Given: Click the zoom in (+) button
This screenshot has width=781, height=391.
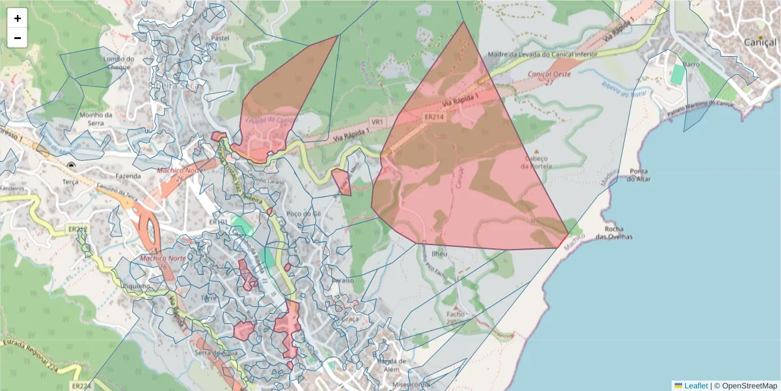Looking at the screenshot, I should click(18, 18).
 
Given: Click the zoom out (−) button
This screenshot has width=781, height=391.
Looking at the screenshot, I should click(18, 38).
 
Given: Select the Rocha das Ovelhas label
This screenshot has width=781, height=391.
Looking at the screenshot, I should click(619, 233).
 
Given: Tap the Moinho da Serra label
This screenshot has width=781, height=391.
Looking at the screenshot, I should click(96, 119).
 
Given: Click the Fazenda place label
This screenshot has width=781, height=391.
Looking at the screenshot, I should click(128, 176).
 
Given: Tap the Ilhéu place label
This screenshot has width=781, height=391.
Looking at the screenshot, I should click(439, 254).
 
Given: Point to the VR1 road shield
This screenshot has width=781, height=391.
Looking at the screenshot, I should click(377, 122).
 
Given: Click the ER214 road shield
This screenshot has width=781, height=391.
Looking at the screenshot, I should click(434, 117).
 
